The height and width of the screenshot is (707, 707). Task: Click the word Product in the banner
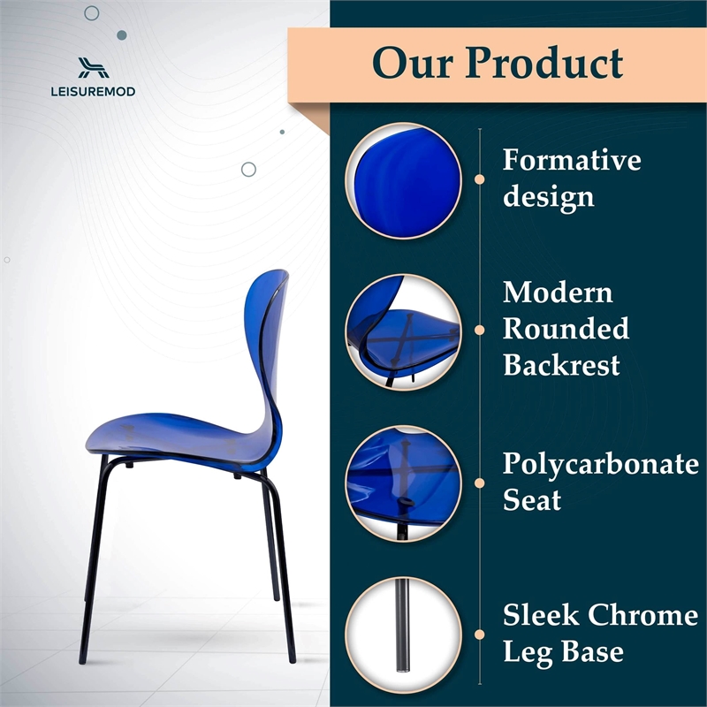coord(545,63)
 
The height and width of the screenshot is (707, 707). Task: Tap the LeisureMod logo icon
coord(92,67)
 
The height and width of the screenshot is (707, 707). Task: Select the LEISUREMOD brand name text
coord(92,90)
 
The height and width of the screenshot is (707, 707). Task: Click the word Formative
coord(572,160)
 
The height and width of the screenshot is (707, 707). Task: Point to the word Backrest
coord(561,365)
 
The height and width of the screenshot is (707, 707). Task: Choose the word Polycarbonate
coord(600,464)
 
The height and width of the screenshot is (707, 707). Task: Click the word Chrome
coord(642,615)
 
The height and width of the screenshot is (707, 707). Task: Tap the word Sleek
coord(541,615)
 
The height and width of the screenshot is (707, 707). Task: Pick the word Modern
coord(558,293)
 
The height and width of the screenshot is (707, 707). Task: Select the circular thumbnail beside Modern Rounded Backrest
coord(403,330)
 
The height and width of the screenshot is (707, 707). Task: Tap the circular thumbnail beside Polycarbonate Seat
coord(403,483)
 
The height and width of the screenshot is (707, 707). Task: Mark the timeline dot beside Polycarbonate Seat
coord(480,483)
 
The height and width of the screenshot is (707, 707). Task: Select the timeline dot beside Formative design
coord(480,179)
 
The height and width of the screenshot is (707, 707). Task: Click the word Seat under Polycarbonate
coord(532,501)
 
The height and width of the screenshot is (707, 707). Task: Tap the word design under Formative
coord(547,197)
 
